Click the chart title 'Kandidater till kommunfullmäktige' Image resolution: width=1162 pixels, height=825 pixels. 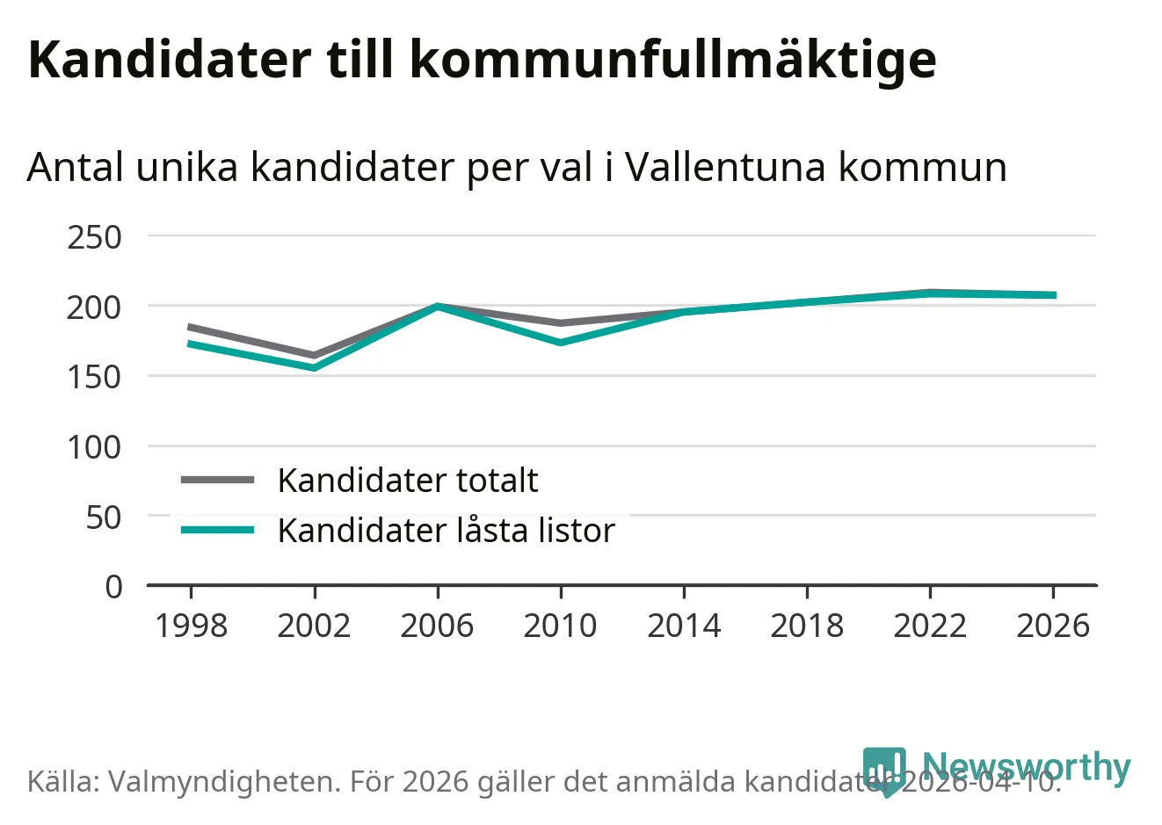point(482,59)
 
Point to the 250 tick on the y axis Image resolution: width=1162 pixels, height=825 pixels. point(94,237)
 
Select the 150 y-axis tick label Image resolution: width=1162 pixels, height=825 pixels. point(94,377)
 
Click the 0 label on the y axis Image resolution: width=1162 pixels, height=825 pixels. point(113,586)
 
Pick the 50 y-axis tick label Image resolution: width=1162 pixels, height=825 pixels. point(104,517)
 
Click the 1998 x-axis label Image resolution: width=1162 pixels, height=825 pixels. point(191,626)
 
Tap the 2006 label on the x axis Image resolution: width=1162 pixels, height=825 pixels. point(437,626)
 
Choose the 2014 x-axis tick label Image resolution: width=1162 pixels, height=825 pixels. point(684,626)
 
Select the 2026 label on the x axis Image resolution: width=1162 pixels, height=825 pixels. point(1053,626)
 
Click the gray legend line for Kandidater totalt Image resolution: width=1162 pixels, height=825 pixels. point(217,480)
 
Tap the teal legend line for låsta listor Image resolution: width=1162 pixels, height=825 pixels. point(217,530)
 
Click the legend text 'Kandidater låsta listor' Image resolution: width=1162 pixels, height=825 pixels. point(446,530)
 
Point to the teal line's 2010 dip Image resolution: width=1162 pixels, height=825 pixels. point(560,342)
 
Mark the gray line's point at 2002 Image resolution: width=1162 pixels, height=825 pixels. point(314,356)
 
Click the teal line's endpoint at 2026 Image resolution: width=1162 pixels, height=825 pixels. point(1053,295)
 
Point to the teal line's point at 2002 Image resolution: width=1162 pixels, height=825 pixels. point(314,367)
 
